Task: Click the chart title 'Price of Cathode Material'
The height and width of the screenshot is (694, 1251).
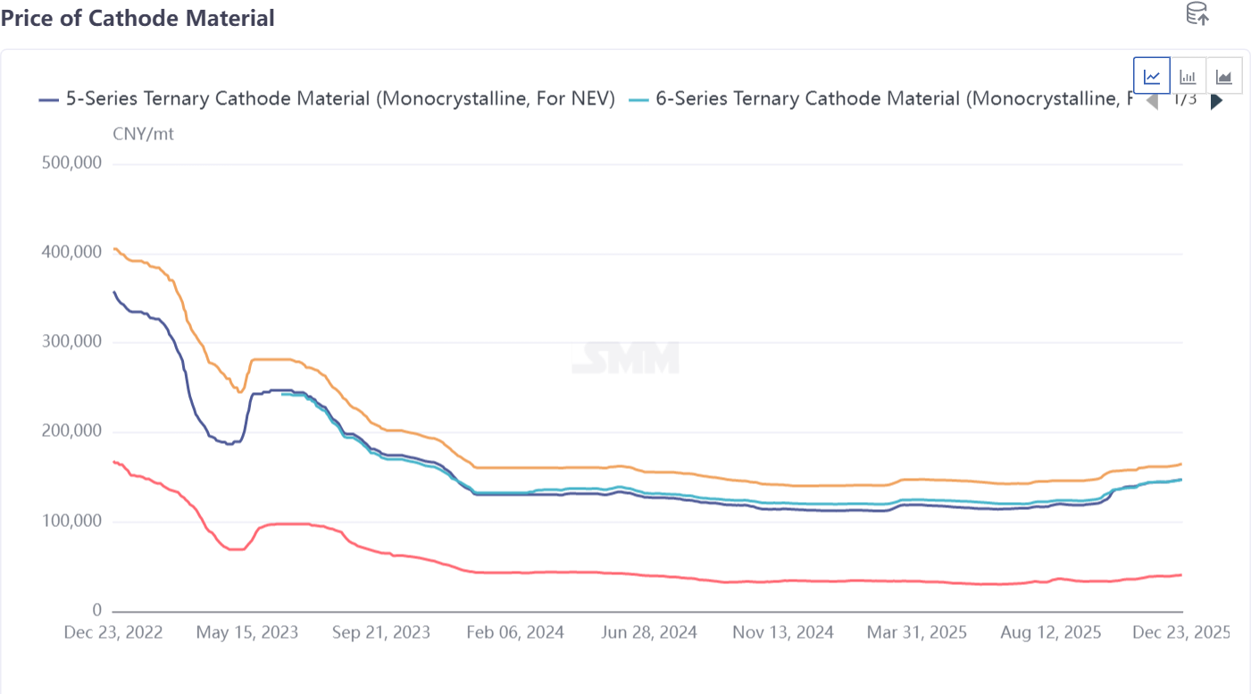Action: pyautogui.click(x=138, y=18)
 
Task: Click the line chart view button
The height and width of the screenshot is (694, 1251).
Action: pyautogui.click(x=1152, y=76)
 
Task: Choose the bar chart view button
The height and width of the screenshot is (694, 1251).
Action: pyautogui.click(x=1188, y=76)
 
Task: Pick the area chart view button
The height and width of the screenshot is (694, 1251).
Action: pyautogui.click(x=1223, y=76)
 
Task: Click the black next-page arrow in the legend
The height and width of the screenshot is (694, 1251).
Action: pyautogui.click(x=1216, y=101)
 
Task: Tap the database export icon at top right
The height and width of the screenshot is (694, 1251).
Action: pyautogui.click(x=1197, y=13)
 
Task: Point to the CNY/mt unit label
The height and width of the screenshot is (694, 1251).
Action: pyautogui.click(x=143, y=134)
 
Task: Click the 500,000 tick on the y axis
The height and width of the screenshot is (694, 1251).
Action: pyautogui.click(x=71, y=163)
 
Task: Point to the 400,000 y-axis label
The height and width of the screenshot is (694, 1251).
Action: pyautogui.click(x=71, y=253)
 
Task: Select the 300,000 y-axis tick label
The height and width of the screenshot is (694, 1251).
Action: pyautogui.click(x=71, y=342)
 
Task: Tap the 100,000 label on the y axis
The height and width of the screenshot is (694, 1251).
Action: pyautogui.click(x=71, y=522)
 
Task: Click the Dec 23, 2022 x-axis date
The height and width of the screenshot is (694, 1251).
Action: pyautogui.click(x=113, y=632)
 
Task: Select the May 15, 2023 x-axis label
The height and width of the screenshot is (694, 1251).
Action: pyautogui.click(x=246, y=632)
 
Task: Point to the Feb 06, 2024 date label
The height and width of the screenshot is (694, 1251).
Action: pyautogui.click(x=514, y=632)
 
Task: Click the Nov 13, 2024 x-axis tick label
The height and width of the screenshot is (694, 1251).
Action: pyautogui.click(x=783, y=632)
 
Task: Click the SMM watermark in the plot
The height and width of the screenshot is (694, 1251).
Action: pyautogui.click(x=625, y=357)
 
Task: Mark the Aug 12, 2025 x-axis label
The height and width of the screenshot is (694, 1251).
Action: pyautogui.click(x=1051, y=632)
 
